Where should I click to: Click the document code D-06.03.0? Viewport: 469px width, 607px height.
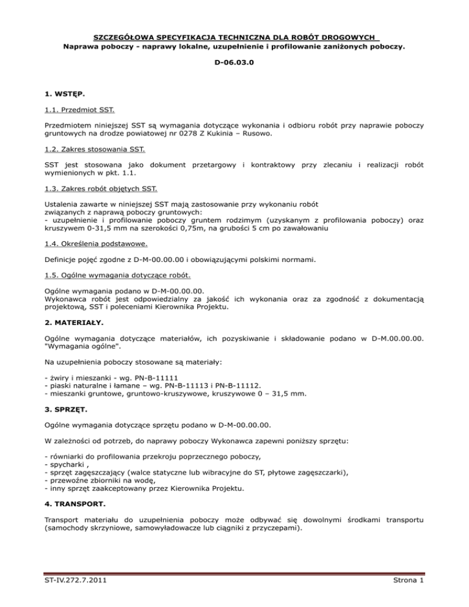coord(234,62)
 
